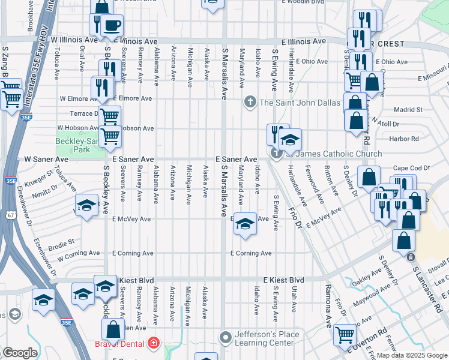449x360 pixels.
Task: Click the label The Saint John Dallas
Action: [x=300, y=102]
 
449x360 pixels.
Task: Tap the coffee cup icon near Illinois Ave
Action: [x=111, y=25]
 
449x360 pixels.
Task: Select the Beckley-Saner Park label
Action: [x=76, y=145]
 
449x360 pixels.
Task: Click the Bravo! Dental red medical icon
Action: [x=154, y=343]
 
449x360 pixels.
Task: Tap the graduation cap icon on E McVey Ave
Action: [x=244, y=224]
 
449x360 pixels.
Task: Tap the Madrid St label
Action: [x=408, y=110]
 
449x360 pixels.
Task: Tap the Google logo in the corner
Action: [x=20, y=353]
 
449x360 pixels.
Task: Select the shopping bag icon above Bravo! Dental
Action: [x=112, y=329]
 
